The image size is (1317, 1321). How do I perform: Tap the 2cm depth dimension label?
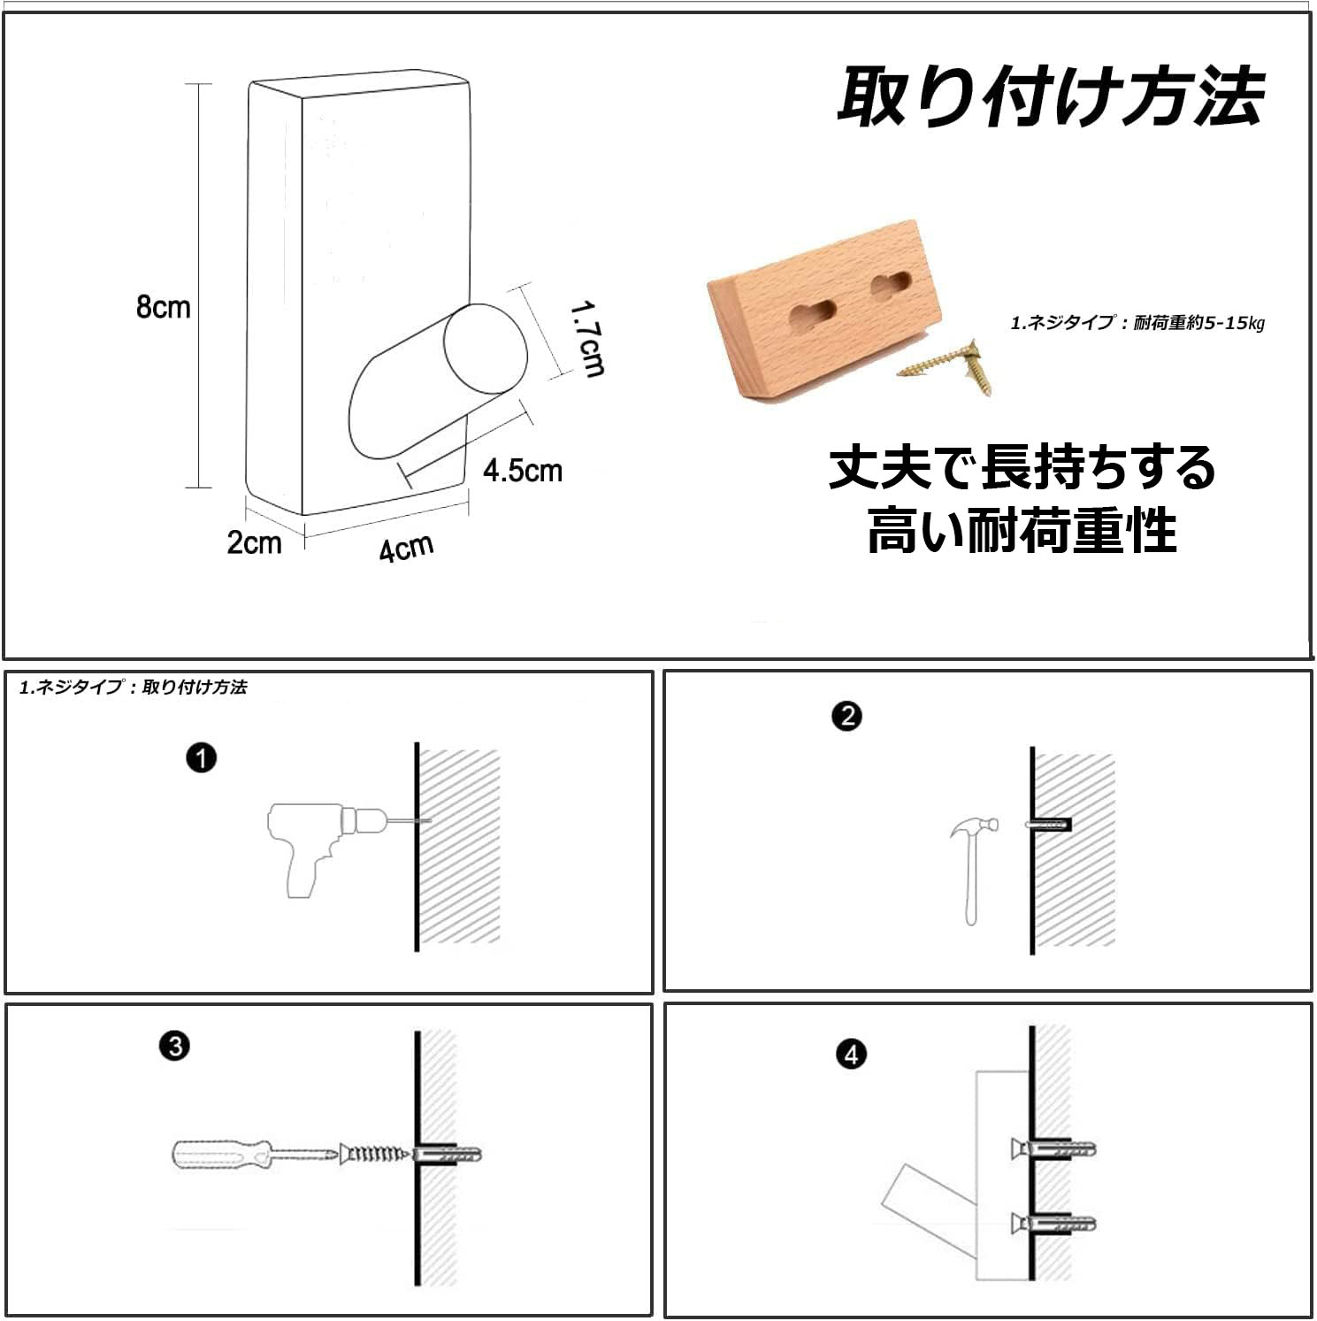click(255, 541)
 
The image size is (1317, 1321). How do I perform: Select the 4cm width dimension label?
click(406, 548)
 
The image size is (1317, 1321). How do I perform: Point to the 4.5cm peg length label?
click(523, 470)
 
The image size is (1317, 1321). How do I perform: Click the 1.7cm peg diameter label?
click(586, 339)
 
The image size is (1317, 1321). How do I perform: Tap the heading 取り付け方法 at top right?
click(1050, 96)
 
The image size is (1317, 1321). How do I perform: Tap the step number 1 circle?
click(202, 758)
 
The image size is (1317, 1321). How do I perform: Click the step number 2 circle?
click(847, 716)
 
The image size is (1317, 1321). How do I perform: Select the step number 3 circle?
click(175, 1046)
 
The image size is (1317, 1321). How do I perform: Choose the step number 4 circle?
click(851, 1055)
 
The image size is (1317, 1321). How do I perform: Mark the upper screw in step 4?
click(1052, 1148)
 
